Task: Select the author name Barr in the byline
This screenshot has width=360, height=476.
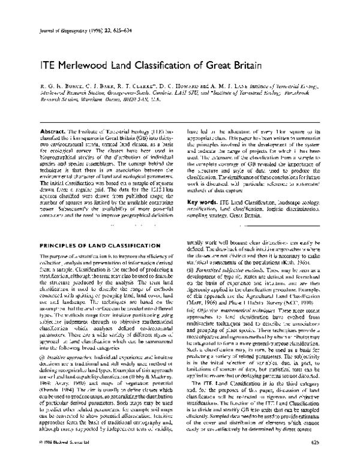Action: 89,86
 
